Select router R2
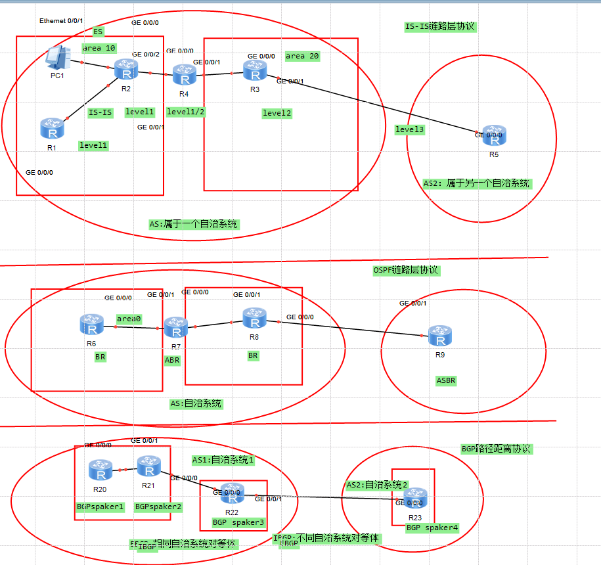coord(123,69)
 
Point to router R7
coord(175,327)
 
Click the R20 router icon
coord(100,470)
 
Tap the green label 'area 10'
coord(99,48)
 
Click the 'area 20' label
coord(302,56)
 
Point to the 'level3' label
coord(410,129)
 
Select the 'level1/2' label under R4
coord(186,112)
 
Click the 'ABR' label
coord(172,360)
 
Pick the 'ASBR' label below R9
coord(446,380)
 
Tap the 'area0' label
coord(129,319)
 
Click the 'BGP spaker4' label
coord(432,528)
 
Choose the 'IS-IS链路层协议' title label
coord(439,27)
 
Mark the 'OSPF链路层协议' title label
coord(405,270)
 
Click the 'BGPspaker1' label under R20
coord(100,507)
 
